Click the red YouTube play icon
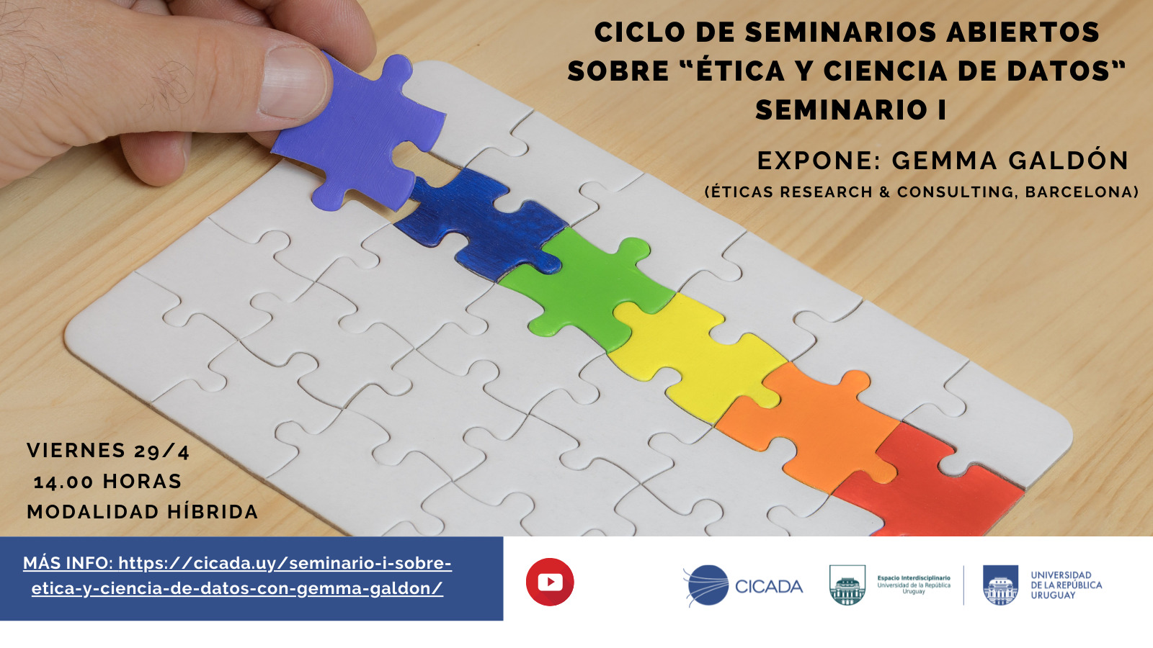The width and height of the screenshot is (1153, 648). [550, 582]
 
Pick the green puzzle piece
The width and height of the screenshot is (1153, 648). [587, 288]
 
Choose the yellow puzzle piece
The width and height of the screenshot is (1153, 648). [695, 355]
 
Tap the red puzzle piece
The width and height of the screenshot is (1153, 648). [927, 489]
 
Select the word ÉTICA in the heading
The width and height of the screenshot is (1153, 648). [739, 71]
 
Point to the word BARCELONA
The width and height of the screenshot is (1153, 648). [1082, 192]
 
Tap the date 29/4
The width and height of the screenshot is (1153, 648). [161, 451]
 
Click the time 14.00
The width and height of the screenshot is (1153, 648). [64, 482]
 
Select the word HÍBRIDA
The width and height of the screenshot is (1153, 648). [213, 512]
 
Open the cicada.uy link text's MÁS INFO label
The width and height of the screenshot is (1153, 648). [68, 563]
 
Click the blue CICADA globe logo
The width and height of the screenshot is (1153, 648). [706, 585]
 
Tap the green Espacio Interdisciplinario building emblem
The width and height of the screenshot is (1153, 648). [847, 585]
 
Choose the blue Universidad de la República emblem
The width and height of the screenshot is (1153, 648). [1000, 585]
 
